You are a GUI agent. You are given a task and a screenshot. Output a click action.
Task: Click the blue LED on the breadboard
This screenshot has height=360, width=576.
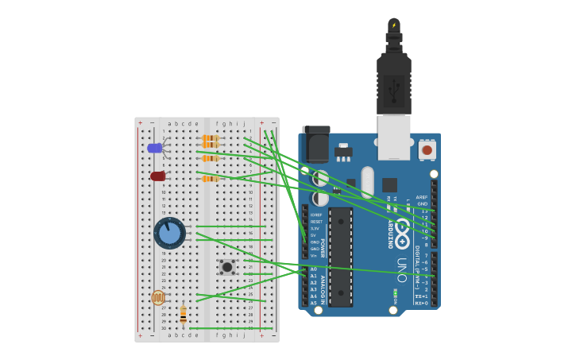[155, 148]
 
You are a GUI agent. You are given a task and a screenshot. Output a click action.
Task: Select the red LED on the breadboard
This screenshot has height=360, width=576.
[158, 176]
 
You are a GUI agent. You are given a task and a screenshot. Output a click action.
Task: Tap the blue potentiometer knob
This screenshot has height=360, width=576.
[169, 234]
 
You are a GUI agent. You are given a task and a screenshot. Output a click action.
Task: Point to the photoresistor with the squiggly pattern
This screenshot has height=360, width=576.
[158, 297]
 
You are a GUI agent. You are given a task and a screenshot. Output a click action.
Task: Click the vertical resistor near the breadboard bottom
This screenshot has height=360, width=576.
[183, 314]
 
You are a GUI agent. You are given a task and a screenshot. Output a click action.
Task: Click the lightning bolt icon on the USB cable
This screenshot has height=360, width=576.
[393, 25]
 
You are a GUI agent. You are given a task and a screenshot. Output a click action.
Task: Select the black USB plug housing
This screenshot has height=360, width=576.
[393, 83]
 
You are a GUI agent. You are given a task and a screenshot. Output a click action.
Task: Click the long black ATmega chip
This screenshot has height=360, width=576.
[341, 257]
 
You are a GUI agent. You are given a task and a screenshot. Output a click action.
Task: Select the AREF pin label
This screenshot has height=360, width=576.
[421, 197]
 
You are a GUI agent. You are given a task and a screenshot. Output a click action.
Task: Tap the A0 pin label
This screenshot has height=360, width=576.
[313, 269]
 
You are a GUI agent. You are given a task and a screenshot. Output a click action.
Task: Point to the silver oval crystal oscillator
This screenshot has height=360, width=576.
[367, 182]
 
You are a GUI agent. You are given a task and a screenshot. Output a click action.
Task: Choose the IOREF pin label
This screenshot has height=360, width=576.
[316, 215]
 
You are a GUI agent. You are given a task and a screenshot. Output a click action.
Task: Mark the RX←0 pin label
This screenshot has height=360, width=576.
[420, 303]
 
